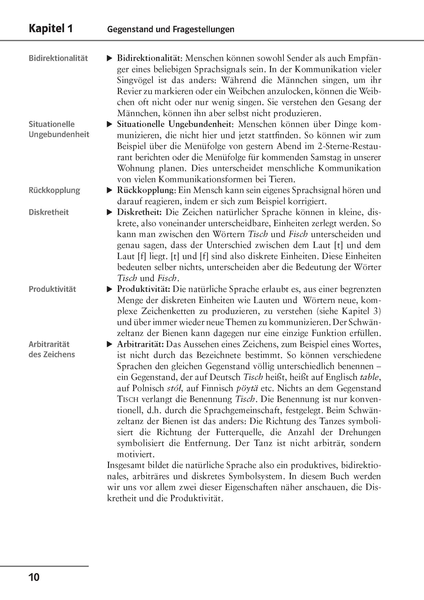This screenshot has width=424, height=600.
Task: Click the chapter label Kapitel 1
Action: [x=51, y=29]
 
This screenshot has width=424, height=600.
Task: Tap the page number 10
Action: [x=34, y=577]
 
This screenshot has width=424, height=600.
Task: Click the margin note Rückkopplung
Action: [x=54, y=190]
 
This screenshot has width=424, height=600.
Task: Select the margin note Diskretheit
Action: [x=49, y=212]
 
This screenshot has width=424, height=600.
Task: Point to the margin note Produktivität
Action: [x=52, y=289]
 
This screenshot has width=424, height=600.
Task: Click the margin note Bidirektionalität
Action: [x=58, y=58]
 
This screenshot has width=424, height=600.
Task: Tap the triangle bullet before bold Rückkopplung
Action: [x=110, y=190]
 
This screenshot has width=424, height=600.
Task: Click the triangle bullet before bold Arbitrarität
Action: [x=110, y=344]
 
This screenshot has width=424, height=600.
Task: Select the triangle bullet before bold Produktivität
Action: [x=110, y=289]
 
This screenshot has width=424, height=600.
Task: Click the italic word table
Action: [x=369, y=377]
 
